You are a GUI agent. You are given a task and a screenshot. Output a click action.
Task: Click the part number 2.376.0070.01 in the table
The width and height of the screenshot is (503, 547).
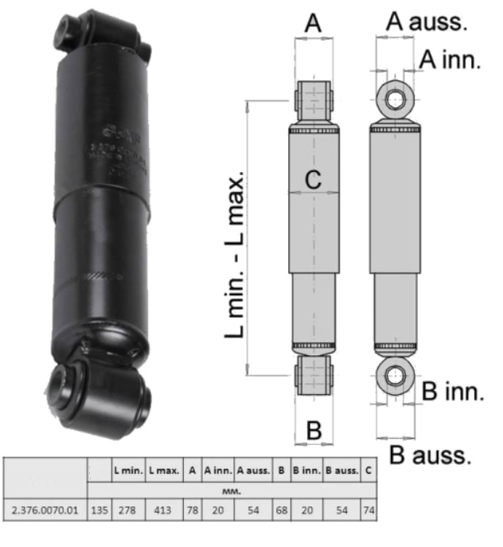45,509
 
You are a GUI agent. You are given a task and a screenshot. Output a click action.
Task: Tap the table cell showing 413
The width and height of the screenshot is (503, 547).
164,509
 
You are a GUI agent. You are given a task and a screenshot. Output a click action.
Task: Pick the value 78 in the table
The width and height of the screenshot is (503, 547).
192,509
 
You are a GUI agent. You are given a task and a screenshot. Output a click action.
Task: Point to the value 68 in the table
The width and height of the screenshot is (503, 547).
280,509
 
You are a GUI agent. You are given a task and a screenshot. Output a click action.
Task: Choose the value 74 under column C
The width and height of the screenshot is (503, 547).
369,509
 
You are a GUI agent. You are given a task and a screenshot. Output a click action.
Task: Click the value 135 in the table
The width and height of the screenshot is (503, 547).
99,509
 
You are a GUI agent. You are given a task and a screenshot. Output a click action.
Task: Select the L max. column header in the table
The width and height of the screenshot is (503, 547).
164,471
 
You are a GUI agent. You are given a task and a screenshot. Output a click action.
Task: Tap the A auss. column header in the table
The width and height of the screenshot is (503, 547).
252,471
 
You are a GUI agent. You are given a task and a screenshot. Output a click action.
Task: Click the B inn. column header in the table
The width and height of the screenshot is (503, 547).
306,471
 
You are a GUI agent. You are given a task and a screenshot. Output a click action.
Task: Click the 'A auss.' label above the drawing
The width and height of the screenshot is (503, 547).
426,21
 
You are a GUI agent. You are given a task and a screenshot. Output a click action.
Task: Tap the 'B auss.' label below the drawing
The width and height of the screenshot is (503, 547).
430,455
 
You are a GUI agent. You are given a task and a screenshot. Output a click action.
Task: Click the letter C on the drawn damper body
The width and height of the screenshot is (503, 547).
314,180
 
